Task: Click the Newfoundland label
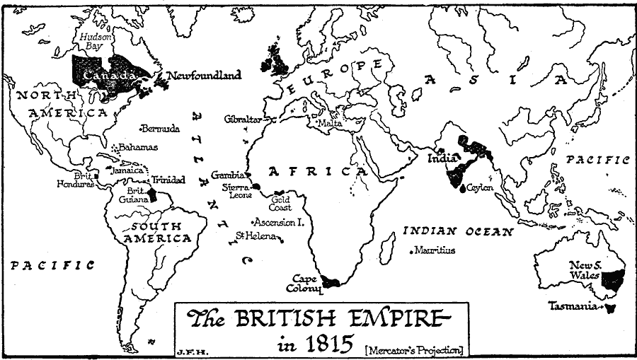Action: (204, 75)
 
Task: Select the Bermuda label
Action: (161, 129)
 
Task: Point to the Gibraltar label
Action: (243, 119)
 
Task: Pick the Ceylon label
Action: (480, 187)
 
